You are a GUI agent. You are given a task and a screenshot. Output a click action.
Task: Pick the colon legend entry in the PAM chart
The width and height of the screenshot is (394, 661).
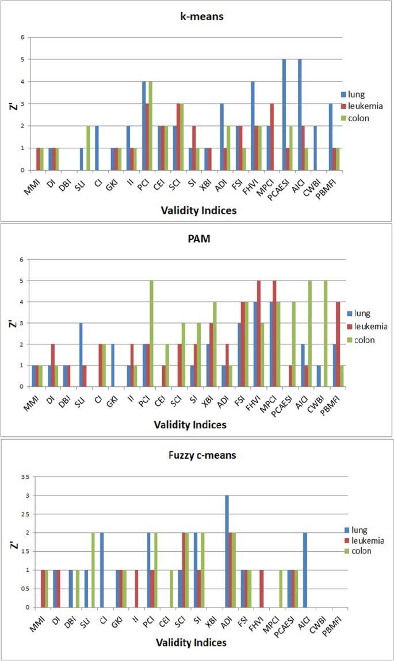click(361, 340)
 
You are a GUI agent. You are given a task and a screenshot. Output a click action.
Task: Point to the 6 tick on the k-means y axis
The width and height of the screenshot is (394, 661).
click(24, 38)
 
